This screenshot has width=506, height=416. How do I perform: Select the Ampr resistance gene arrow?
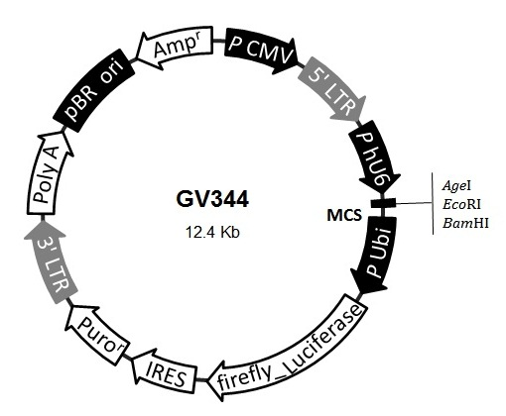tap(175, 48)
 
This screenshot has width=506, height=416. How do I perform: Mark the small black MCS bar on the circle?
tap(383, 203)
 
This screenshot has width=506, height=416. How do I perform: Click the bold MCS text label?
tap(344, 216)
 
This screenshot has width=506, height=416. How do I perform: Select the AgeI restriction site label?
tap(456, 186)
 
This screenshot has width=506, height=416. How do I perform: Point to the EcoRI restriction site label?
tap(462, 204)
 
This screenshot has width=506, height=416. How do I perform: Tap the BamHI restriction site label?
tap(465, 224)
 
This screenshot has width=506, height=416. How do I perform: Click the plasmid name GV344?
tap(212, 200)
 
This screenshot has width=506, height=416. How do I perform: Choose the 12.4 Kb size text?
tap(212, 232)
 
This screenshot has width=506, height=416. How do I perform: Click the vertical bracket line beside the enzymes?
tap(433, 203)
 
